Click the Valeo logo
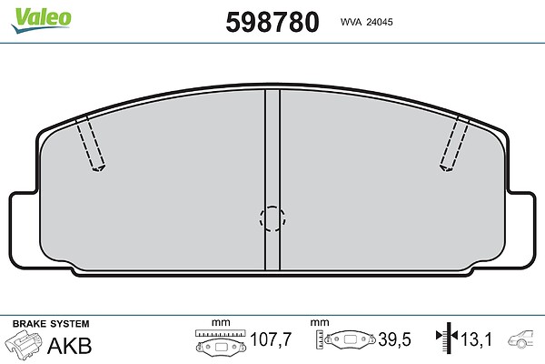pos(41,20)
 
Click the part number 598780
pos(272,22)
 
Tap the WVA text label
pos(351,22)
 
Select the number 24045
pos(380,22)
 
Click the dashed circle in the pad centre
pos(272,218)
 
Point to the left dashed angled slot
pos(90,143)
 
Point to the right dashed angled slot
pos(454,144)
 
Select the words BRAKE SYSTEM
pos(51,324)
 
